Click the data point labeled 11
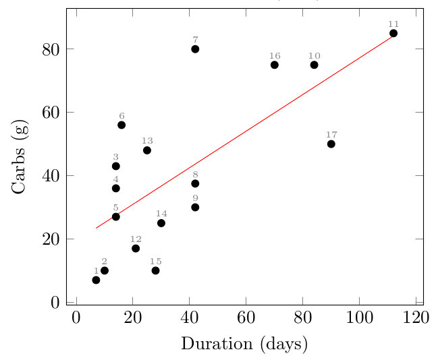393,33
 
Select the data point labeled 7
195,49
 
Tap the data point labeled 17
331,144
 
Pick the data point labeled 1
96,280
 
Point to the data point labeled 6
121,125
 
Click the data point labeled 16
275,65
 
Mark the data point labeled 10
314,65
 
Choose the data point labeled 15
155,270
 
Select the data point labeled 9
195,207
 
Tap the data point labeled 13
147,150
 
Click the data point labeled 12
136,248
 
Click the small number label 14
161,214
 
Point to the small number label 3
115,156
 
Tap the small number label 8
195,175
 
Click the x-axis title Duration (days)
244,344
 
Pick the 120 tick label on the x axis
416,318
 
